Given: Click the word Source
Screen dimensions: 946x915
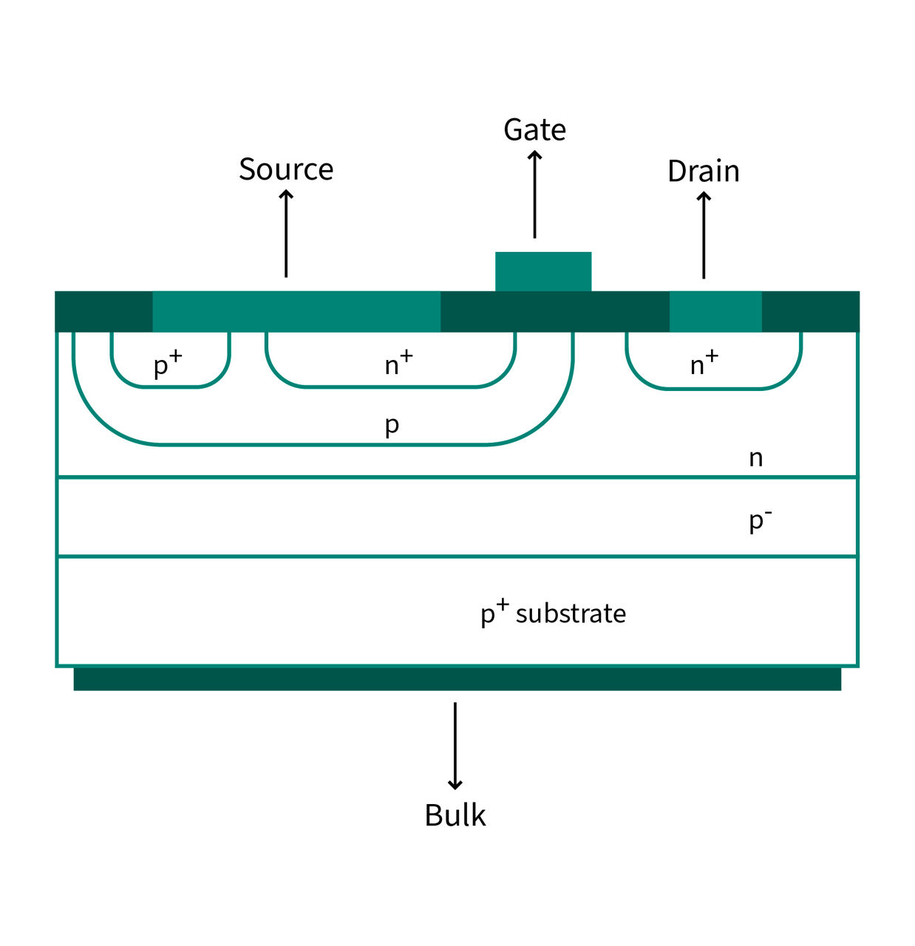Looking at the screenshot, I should (286, 170).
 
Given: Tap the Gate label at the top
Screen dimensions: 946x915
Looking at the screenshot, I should (534, 130).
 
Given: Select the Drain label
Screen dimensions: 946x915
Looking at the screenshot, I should (703, 171).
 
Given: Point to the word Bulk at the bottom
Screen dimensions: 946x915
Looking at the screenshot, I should (455, 815).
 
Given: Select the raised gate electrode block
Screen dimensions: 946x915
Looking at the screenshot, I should (543, 271).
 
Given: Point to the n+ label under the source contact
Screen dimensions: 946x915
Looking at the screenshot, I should (398, 364).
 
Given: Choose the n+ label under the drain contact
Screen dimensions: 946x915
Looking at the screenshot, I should (704, 364).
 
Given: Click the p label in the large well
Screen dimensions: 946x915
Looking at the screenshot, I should (392, 426).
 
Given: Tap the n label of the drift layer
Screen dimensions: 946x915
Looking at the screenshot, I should (755, 458).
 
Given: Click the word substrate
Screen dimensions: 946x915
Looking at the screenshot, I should (571, 614).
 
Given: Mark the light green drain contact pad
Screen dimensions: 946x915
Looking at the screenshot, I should (715, 311).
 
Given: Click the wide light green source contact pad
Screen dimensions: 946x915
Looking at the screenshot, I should (296, 311).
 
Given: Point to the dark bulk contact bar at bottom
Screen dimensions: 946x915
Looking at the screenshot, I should (457, 678).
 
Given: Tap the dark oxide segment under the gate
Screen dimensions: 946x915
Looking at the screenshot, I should (554, 311).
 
